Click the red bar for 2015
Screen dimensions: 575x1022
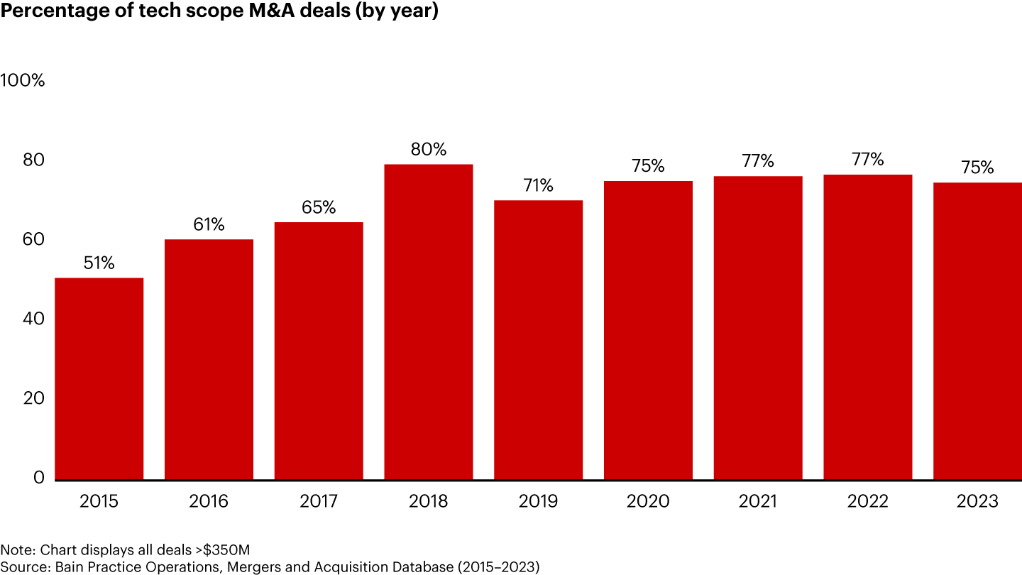pos(99,378)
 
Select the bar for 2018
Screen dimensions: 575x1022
pos(429,322)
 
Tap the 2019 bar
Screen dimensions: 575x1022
pos(538,339)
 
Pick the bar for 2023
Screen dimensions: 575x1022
pos(977,330)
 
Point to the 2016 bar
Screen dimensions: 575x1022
pos(209,359)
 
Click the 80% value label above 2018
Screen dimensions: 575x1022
pos(429,150)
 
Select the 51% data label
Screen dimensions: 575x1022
pos(99,263)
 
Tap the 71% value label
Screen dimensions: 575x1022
pos(538,186)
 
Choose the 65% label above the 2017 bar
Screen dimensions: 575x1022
pos(319,208)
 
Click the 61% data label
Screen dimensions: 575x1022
pos(209,225)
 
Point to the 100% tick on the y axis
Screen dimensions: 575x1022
pos(23,81)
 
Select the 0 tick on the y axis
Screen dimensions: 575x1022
pos(38,478)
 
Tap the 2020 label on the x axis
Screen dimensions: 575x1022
pos(648,502)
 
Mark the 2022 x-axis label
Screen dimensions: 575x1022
pos(867,502)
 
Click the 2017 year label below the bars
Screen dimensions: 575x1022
pos(319,502)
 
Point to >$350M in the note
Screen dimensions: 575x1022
pos(221,549)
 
